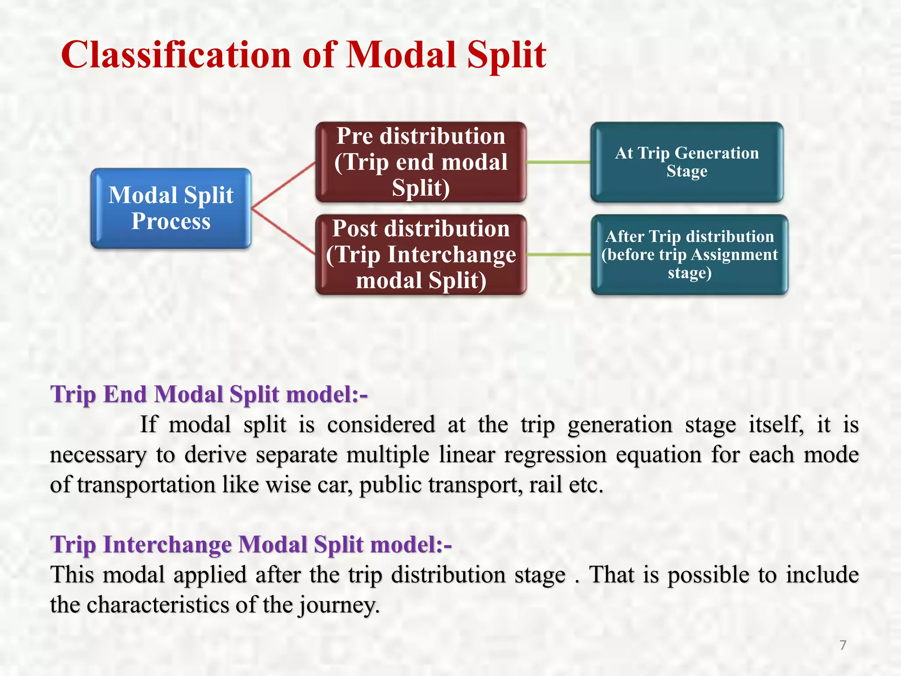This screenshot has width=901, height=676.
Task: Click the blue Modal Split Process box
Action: click(x=171, y=208)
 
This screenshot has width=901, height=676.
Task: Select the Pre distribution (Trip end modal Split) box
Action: click(x=421, y=162)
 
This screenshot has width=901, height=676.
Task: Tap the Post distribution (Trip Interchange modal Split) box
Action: click(x=421, y=254)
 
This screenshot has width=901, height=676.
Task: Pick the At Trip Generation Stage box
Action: click(x=687, y=162)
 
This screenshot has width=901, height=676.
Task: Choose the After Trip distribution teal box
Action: click(x=689, y=254)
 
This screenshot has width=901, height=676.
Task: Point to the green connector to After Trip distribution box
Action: click(x=559, y=254)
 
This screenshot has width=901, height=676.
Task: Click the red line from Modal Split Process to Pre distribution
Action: click(x=284, y=185)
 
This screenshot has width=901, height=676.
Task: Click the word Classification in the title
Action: click(x=176, y=55)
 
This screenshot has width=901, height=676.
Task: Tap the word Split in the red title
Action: click(x=506, y=55)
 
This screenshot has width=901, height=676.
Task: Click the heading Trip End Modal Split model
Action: click(x=209, y=394)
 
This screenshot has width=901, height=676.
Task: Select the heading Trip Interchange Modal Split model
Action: click(x=251, y=544)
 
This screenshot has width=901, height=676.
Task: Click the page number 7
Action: click(x=842, y=645)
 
